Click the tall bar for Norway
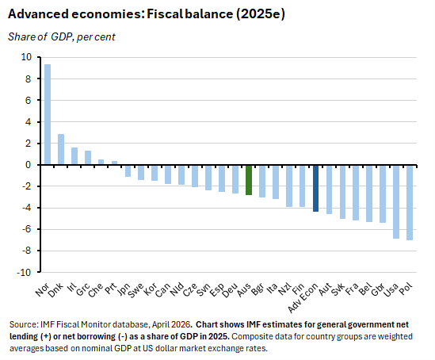coord(48,114)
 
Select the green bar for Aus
coord(249,179)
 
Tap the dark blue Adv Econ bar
coord(316,188)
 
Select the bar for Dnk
coord(61,149)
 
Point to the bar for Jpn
coord(128,170)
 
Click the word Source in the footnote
coord(23,325)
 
